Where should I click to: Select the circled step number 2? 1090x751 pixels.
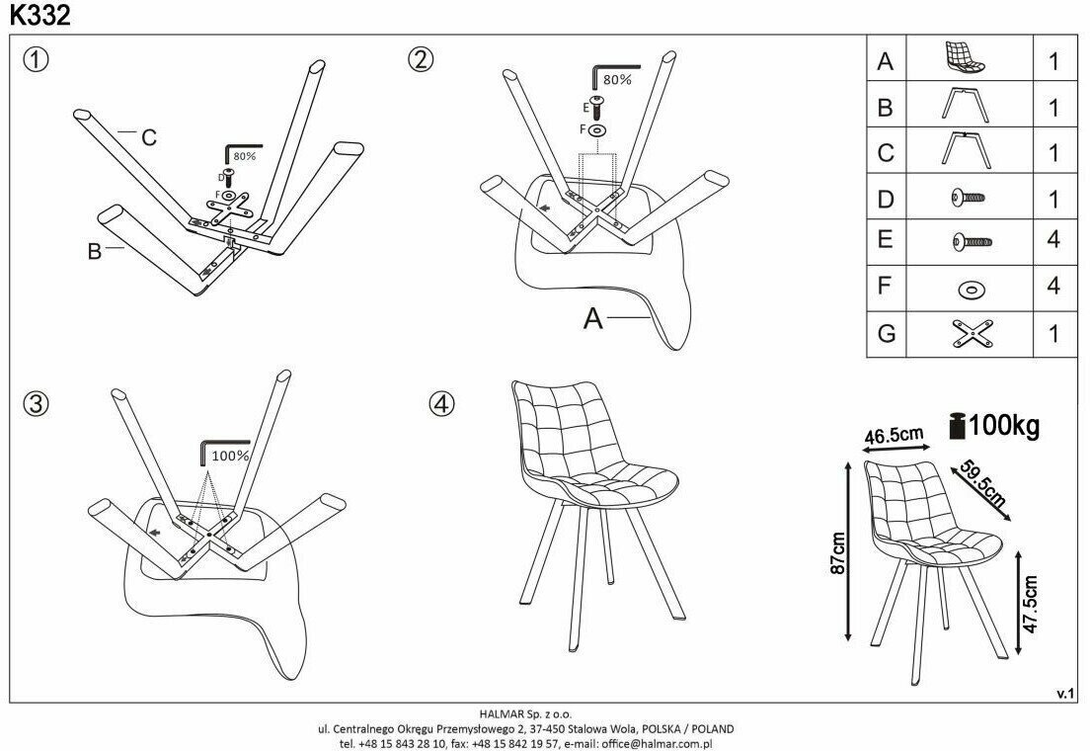click(421, 59)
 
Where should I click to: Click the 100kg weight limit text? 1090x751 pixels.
click(1003, 426)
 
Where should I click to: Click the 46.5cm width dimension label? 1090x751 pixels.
click(894, 435)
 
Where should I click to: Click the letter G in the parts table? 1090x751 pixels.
click(886, 334)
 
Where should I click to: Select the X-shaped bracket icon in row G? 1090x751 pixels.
click(971, 334)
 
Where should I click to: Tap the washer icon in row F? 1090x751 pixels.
click(971, 289)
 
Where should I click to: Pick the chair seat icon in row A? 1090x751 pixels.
click(964, 58)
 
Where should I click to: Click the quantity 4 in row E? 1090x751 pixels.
click(1052, 241)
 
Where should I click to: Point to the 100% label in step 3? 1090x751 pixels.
click(229, 457)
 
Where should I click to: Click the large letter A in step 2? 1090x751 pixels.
click(592, 318)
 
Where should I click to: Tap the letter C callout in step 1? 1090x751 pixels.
click(148, 137)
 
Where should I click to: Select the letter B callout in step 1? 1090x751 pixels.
click(94, 251)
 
